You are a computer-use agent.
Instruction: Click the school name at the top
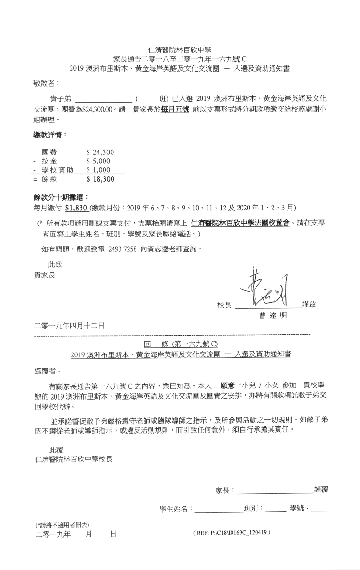coord(180,50)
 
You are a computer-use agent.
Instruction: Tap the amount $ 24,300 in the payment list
coord(100,153)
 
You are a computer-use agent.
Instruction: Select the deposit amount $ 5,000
coord(98,161)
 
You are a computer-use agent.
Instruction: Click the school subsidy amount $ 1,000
coord(98,170)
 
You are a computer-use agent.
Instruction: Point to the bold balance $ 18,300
coord(100,179)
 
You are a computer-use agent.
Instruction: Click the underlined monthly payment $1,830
coord(77,208)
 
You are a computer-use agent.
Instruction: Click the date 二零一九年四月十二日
coord(69,325)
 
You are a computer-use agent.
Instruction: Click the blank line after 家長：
coord(275,491)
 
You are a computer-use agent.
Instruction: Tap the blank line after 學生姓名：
coord(219,509)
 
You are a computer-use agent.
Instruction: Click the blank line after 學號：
coord(320,509)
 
